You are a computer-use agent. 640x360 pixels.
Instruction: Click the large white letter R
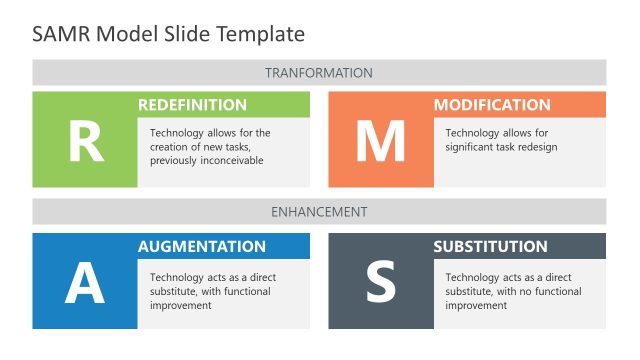point(85,141)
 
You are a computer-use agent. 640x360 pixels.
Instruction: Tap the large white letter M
point(380,141)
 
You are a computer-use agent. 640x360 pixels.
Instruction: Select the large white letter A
point(85,283)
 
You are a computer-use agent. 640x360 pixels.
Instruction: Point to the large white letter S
point(380,283)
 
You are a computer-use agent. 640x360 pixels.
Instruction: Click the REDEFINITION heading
point(192,105)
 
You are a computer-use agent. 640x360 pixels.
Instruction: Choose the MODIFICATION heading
point(492,105)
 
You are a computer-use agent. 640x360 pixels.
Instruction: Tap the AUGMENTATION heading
point(202,246)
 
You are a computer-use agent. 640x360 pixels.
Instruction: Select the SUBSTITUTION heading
point(491,246)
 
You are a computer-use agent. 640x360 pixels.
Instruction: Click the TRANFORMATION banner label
point(319,73)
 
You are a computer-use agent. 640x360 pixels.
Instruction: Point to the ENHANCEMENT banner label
point(319,212)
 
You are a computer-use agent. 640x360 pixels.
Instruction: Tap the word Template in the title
point(263,34)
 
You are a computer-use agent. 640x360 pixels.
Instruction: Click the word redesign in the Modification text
point(535,147)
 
